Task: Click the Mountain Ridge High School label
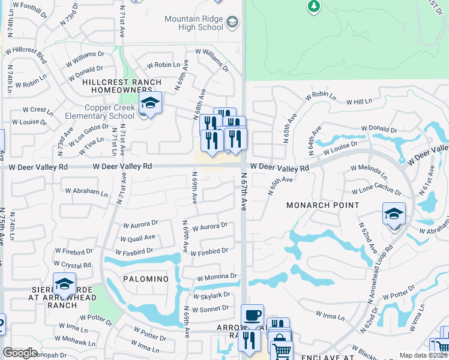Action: (x=193, y=23)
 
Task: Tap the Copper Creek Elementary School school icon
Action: (x=150, y=103)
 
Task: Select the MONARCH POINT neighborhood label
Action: (x=322, y=205)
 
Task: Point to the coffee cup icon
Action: (x=252, y=315)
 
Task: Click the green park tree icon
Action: (x=313, y=6)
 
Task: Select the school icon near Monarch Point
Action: (x=394, y=214)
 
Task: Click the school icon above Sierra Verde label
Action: (x=64, y=284)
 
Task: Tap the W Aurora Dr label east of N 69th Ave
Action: (x=209, y=227)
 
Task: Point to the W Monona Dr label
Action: (x=217, y=277)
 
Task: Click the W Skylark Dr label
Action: (x=211, y=295)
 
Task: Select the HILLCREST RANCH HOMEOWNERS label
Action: (x=122, y=86)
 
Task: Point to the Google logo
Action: (x=20, y=353)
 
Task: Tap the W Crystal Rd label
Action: (x=73, y=265)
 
